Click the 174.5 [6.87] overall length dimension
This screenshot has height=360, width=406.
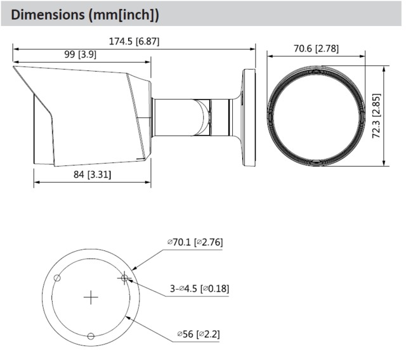pos(134,42)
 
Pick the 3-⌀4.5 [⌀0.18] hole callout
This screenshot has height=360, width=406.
pos(199,289)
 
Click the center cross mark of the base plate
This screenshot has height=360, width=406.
pos(91,297)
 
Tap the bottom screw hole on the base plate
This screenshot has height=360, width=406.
pos(91,335)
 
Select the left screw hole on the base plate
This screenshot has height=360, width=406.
pos(58,278)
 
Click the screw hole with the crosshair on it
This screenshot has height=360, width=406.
pos(124,278)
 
